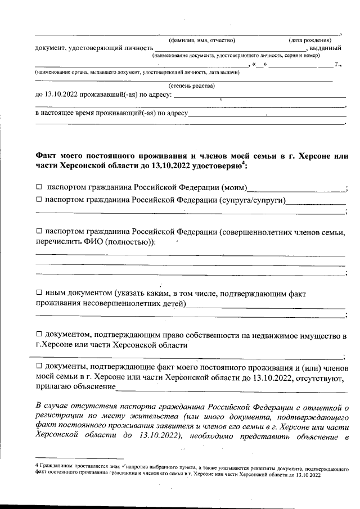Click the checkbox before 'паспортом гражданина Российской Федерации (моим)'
(39, 187)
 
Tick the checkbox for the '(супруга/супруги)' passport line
(39, 200)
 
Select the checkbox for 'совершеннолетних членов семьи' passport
(39, 231)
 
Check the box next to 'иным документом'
(39, 293)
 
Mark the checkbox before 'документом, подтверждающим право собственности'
(39, 335)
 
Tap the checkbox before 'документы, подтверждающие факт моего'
(39, 367)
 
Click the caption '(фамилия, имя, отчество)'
(202, 40)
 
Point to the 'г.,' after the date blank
(338, 65)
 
